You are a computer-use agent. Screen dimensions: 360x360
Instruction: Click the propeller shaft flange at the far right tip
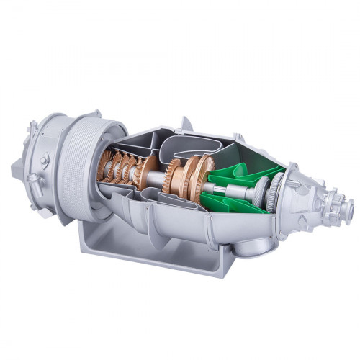coord(348,209)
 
